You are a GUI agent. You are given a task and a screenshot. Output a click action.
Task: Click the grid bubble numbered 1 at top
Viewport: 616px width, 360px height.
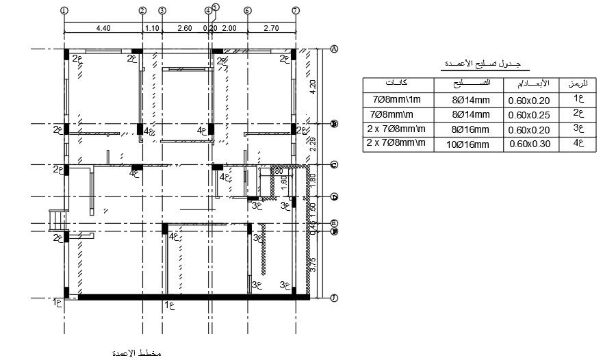pos(64,11)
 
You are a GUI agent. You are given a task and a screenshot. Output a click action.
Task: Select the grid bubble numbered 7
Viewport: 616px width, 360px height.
pos(296,11)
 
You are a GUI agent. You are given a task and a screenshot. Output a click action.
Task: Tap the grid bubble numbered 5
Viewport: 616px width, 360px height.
pos(215,7)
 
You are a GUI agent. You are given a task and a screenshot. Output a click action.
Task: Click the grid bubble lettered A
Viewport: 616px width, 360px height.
pos(334,49)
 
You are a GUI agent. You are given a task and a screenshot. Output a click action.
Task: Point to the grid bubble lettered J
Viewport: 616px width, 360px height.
pos(334,298)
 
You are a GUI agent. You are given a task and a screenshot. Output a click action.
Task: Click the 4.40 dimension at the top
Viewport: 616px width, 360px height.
pos(103,28)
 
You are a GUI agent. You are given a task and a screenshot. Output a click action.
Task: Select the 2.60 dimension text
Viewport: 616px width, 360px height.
pos(184,28)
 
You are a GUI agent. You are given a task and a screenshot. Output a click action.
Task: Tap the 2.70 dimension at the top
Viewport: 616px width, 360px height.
pos(271,28)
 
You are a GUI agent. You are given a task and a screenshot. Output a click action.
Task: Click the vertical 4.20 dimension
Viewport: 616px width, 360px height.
pos(313,88)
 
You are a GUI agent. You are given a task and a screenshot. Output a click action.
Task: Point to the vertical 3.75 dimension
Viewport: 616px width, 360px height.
pos(313,266)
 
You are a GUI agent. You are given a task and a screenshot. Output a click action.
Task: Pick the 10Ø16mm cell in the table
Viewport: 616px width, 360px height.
pos(470,144)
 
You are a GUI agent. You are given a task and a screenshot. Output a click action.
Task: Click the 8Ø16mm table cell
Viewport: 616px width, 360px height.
pos(470,129)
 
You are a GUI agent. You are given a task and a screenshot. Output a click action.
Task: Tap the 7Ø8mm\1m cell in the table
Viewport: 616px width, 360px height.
pos(397,100)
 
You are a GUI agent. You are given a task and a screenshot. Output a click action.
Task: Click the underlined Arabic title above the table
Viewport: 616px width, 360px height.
pos(478,64)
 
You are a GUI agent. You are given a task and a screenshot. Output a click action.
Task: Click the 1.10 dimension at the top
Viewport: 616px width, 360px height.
pos(152,28)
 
